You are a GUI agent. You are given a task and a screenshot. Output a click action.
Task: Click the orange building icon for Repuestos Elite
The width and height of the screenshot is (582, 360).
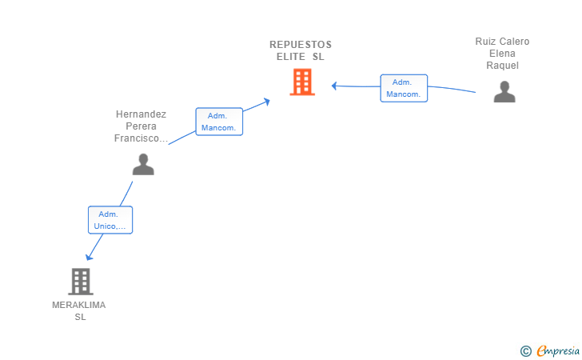pos(302,82)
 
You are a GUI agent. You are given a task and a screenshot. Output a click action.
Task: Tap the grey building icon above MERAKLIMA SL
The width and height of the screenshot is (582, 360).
pos(81,282)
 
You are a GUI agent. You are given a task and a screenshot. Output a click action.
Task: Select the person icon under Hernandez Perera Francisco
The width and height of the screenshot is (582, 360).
pos(143,164)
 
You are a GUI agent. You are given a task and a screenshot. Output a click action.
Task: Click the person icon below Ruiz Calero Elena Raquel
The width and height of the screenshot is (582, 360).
pos(504,91)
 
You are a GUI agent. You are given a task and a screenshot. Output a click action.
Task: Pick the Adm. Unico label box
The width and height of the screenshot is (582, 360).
pos(110,220)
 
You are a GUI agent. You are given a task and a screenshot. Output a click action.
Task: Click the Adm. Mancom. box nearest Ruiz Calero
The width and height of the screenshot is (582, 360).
pos(404,88)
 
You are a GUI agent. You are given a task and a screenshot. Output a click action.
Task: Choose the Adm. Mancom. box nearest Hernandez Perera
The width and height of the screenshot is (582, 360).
pos(219,122)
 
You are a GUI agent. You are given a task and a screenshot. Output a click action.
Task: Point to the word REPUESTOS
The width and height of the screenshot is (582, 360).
pos(301,45)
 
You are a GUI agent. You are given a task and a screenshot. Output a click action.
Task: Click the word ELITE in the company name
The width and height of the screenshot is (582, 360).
pos(291,57)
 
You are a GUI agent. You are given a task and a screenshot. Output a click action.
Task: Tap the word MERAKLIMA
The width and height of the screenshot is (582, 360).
pos(78,305)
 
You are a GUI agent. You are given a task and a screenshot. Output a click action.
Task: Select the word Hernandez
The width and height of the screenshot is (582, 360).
pos(141,114)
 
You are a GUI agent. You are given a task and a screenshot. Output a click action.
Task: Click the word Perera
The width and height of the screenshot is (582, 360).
pos(141,126)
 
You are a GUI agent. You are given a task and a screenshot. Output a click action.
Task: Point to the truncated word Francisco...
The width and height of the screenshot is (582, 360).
pos(141,138)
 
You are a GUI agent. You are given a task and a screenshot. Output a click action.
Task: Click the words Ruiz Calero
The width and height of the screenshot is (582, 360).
pos(502,42)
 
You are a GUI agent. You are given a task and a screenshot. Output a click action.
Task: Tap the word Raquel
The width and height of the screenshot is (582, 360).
pos(503,66)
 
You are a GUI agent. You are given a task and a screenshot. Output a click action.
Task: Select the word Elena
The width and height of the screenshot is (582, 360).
pos(502,54)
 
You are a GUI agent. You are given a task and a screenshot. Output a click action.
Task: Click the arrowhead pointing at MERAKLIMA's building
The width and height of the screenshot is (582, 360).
pos(89,257)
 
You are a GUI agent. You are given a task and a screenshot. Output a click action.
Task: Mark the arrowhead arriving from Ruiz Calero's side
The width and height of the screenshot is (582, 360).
pos(334,86)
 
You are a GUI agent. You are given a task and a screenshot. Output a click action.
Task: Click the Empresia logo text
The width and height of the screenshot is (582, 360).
pos(558,350)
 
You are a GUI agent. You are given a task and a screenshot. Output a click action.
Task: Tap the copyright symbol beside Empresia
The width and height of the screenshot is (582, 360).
pos(526,351)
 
